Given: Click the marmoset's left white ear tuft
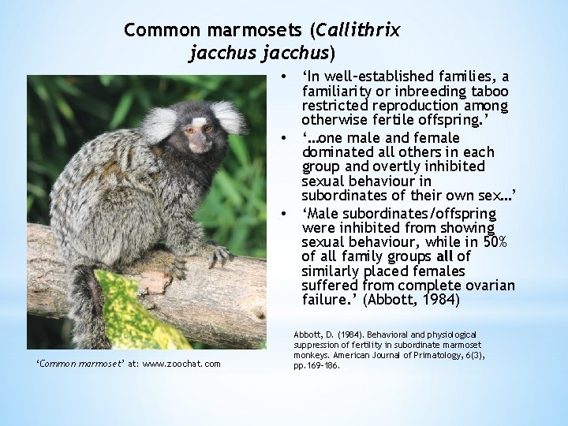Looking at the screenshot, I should (160, 124).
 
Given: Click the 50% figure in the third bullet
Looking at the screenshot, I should (495, 241).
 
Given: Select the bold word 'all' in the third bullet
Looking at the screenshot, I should (445, 256).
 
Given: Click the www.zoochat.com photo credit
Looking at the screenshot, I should (182, 363).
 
